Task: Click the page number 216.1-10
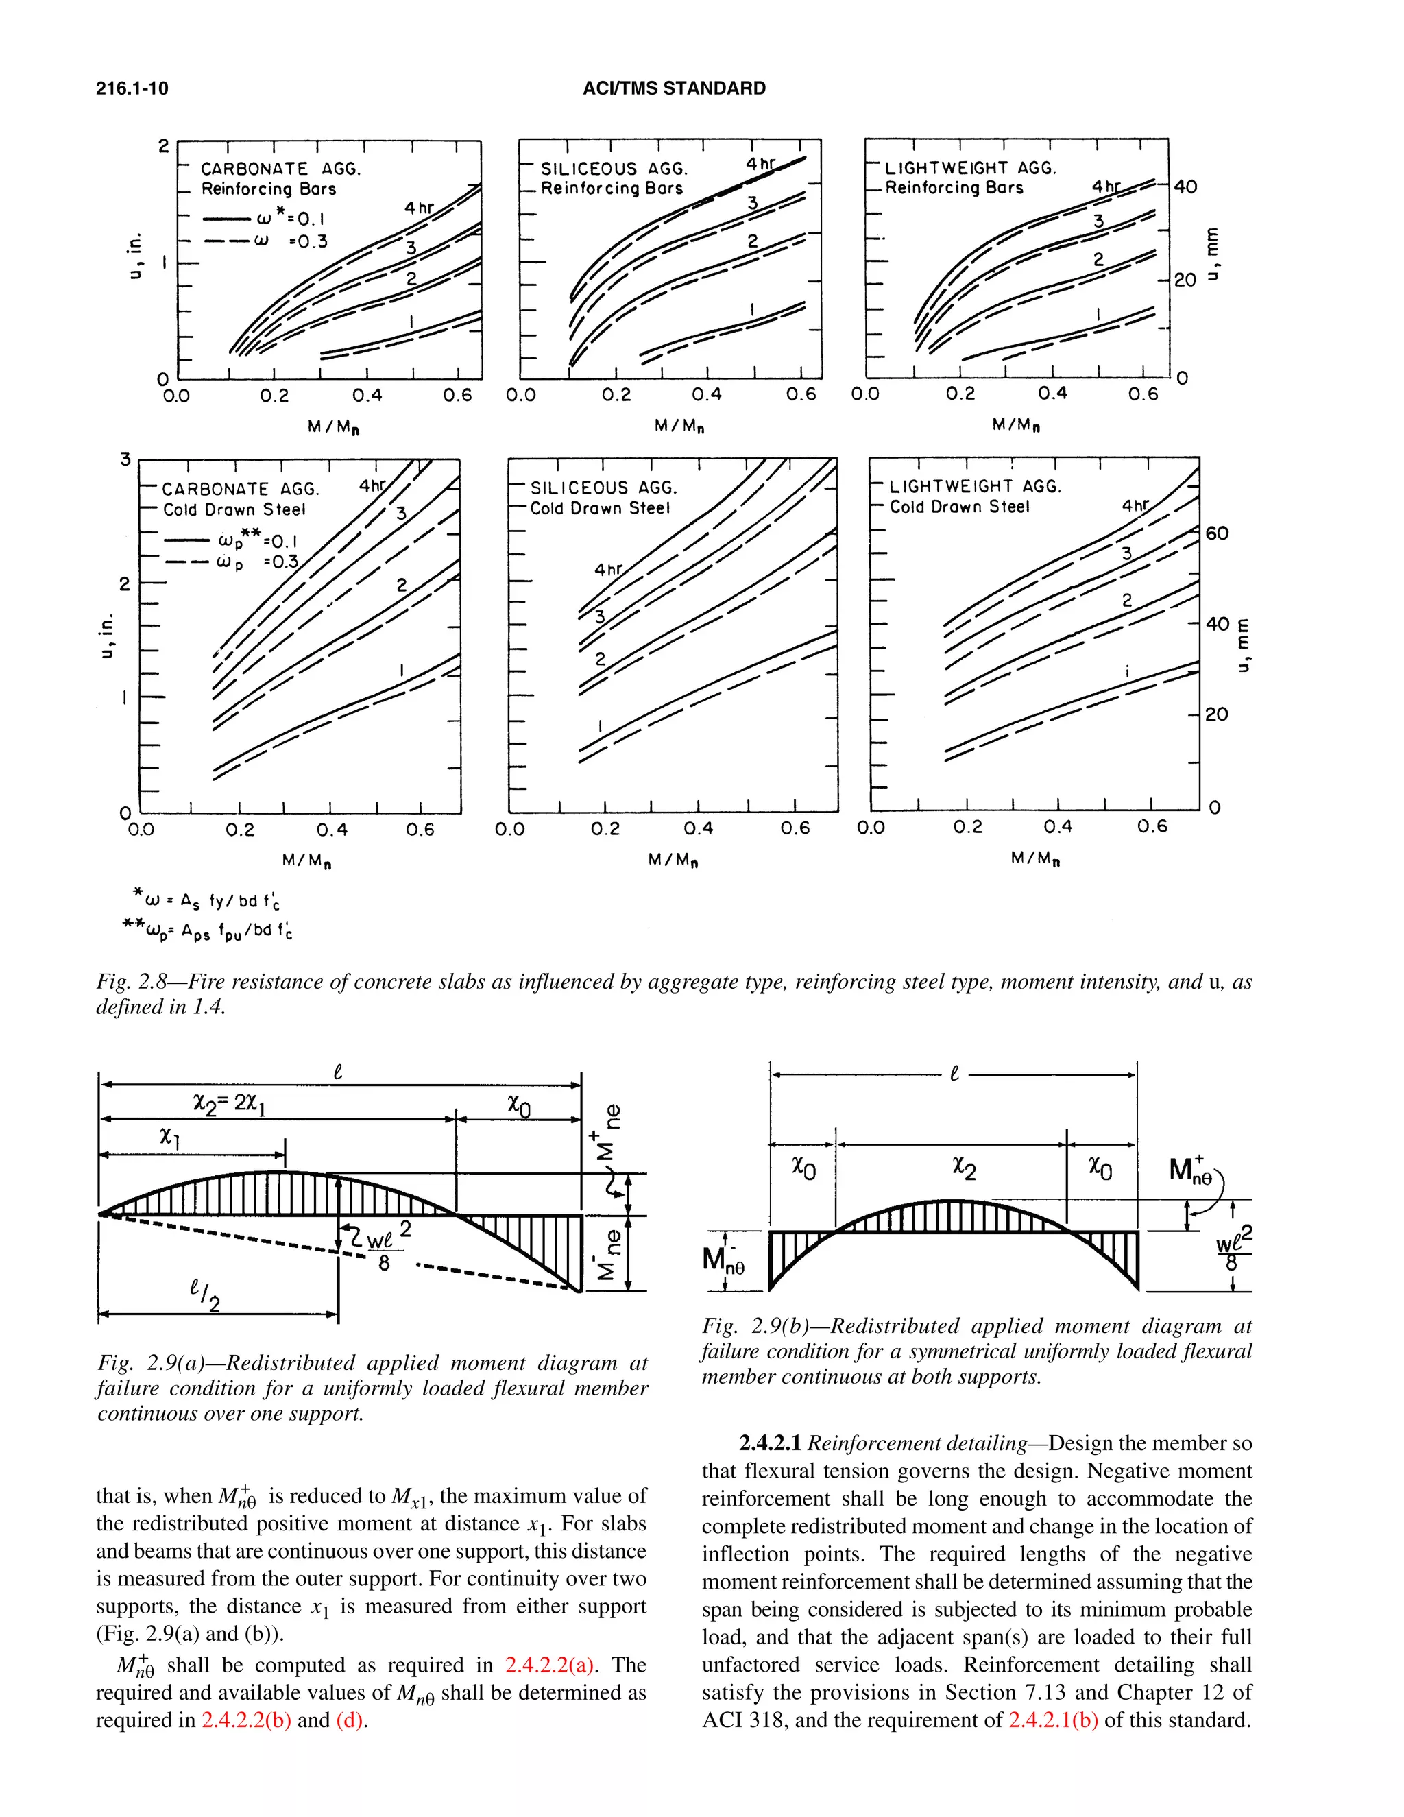click(x=132, y=88)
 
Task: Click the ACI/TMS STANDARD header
click(x=674, y=88)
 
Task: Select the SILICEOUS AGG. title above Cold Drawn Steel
click(x=604, y=488)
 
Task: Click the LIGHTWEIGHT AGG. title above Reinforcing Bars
click(x=970, y=168)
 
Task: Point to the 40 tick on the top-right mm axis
click(x=1185, y=186)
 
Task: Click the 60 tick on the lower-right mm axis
click(x=1216, y=533)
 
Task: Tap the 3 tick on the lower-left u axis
click(x=125, y=459)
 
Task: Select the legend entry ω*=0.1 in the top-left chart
click(x=290, y=219)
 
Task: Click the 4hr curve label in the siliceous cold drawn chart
click(x=608, y=570)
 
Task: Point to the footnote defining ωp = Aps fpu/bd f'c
click(x=207, y=929)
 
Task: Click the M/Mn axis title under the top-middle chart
click(x=679, y=426)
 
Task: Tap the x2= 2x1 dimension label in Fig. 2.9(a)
click(x=229, y=1103)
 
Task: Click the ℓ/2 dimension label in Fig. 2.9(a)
click(x=204, y=1294)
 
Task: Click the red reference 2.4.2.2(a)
click(x=549, y=1665)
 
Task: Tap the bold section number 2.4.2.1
click(x=770, y=1443)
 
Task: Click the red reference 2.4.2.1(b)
click(x=1053, y=1720)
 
